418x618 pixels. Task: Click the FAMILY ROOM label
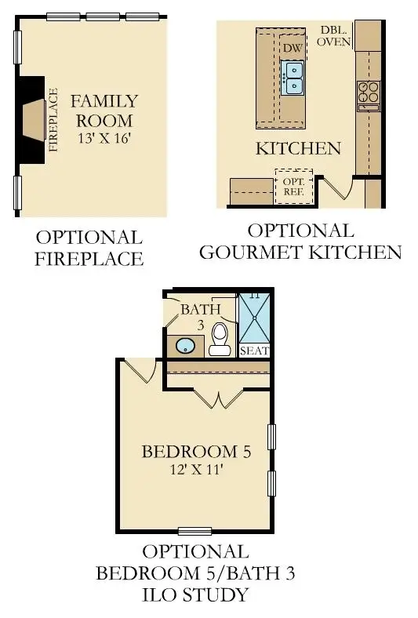pyautogui.click(x=104, y=111)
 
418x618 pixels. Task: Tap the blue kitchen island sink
pyautogui.click(x=293, y=78)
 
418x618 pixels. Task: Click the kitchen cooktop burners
pyautogui.click(x=367, y=93)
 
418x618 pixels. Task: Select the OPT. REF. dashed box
pyautogui.click(x=293, y=186)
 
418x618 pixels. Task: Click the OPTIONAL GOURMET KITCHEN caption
pyautogui.click(x=300, y=242)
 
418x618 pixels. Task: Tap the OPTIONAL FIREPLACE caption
pyautogui.click(x=89, y=248)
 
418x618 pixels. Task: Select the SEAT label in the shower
pyautogui.click(x=254, y=351)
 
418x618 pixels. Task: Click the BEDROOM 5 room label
pyautogui.click(x=196, y=452)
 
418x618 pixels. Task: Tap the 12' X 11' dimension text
pyautogui.click(x=196, y=471)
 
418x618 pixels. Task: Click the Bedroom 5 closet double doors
pyautogui.click(x=219, y=398)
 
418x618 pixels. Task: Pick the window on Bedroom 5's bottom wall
pyautogui.click(x=195, y=531)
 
